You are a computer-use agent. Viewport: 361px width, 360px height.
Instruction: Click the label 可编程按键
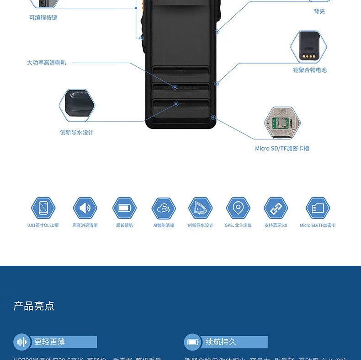click(43, 18)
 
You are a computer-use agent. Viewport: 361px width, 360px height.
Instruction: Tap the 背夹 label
click(319, 11)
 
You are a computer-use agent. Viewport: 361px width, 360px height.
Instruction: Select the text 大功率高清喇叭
click(47, 63)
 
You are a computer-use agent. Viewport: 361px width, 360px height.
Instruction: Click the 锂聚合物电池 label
click(310, 70)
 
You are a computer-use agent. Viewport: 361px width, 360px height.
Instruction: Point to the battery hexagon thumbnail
click(309, 47)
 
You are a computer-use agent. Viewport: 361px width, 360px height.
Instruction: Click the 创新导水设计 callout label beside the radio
click(77, 133)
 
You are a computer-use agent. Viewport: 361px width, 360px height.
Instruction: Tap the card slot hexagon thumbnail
click(282, 123)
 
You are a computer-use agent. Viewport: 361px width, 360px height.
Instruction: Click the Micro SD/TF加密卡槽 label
click(282, 148)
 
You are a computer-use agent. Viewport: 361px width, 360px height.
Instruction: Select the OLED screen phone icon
click(43, 208)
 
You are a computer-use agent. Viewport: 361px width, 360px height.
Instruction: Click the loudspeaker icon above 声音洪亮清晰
click(85, 208)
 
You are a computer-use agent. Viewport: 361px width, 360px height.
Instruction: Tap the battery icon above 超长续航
click(124, 208)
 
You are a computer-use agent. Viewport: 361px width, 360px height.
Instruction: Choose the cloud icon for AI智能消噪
click(164, 208)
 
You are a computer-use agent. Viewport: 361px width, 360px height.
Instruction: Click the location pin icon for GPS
click(238, 208)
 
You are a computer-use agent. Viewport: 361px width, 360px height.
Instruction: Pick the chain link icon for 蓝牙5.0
click(276, 208)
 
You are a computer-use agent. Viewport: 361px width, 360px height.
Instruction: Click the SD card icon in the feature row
click(318, 208)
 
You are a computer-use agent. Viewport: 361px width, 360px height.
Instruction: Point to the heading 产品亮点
click(34, 306)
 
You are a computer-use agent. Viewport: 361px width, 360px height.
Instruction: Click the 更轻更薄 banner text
click(49, 342)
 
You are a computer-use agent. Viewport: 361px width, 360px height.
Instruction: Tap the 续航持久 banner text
click(221, 342)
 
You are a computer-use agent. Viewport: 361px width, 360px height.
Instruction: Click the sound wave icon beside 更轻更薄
click(22, 342)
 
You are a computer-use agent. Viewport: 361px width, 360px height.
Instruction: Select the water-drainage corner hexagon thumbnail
click(77, 106)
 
